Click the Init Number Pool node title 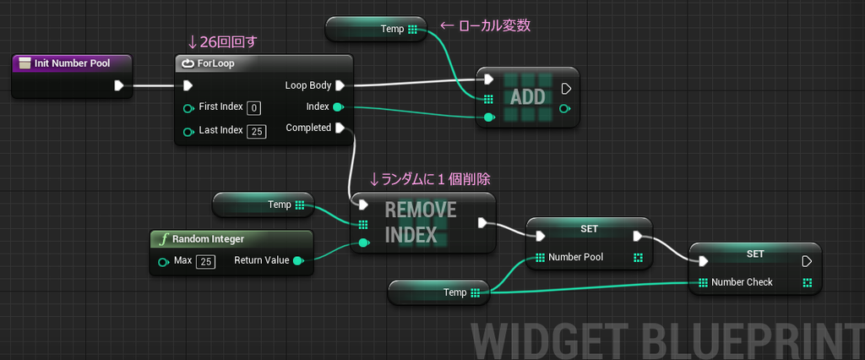[71, 63]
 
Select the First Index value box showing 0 [254, 107]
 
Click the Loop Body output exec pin [339, 85]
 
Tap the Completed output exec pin [339, 128]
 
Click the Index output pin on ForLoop [338, 107]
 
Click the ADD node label [527, 96]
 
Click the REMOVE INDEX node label [421, 222]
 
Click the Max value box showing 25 [205, 261]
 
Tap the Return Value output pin [297, 261]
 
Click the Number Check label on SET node [742, 282]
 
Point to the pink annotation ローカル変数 [493, 27]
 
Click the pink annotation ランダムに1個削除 [430, 179]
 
